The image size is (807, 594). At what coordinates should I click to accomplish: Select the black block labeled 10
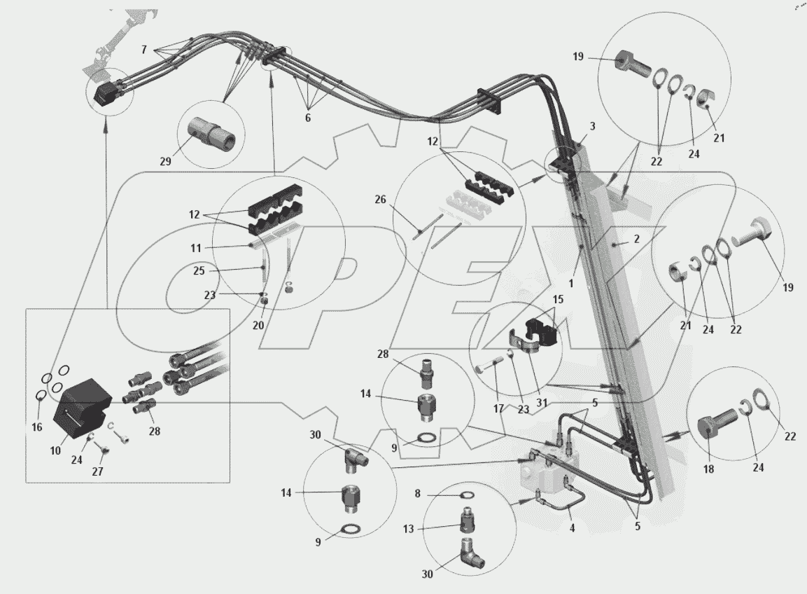coord(83,406)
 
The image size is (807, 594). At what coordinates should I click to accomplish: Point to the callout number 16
coord(37,427)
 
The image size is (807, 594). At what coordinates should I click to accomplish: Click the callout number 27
coord(97,471)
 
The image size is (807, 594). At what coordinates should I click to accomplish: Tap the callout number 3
coord(592,126)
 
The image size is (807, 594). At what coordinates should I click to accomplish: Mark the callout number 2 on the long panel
coord(636,240)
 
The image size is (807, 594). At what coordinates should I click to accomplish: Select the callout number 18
coord(709,469)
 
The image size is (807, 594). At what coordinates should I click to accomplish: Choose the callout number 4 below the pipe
coord(572,528)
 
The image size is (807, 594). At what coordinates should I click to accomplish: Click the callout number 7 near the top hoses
coord(143,50)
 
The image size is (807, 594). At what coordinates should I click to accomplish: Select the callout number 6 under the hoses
coord(307,118)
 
